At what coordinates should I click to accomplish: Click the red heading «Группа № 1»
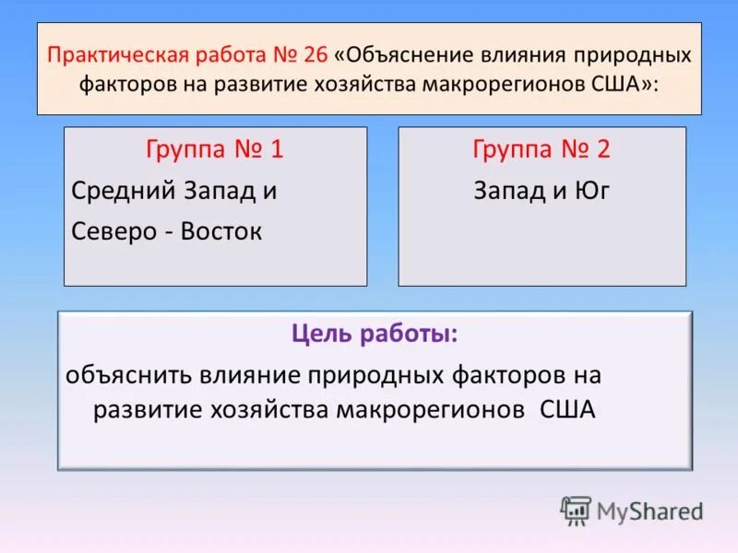pos(215,149)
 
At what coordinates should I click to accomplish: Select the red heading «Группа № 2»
pos(542,149)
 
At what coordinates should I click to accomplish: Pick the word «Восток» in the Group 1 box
pos(221,231)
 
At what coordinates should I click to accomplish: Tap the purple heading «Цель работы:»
pos(374,335)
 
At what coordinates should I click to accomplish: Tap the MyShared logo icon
pos(576,511)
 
